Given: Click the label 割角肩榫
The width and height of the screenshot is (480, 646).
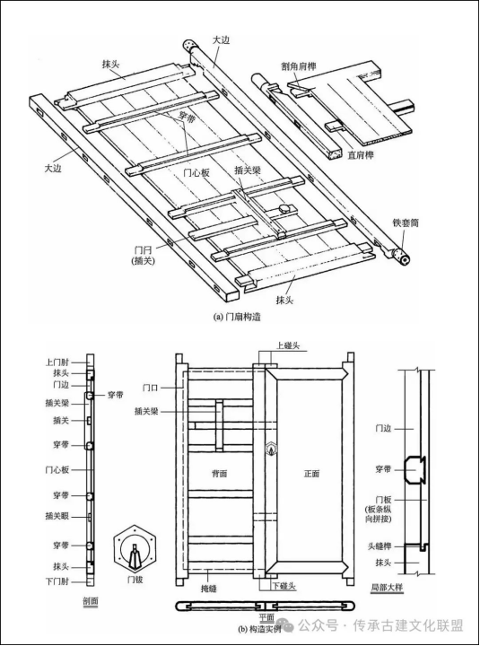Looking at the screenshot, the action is click(299, 66).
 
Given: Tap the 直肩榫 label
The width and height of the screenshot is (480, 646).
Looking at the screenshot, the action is click(361, 155).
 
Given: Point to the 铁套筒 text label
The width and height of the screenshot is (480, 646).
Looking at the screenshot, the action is click(406, 223).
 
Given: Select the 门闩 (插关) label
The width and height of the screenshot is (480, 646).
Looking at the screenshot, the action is click(144, 255).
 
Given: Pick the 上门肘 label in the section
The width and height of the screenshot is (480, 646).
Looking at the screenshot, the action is click(57, 362).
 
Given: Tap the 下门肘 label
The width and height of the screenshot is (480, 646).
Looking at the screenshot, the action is click(57, 581).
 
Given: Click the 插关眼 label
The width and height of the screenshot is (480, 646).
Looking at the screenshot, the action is click(57, 515).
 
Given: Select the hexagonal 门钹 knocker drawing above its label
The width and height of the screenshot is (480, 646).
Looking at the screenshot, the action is click(135, 549).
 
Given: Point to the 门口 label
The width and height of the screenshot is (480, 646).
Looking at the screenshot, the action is click(151, 388).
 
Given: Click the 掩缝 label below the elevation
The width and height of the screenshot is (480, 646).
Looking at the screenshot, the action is click(208, 589).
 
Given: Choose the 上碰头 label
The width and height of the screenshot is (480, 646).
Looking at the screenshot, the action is click(288, 345).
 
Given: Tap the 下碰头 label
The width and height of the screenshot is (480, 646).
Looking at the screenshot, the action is click(284, 586).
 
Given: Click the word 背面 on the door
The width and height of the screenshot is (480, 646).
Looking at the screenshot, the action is click(219, 474).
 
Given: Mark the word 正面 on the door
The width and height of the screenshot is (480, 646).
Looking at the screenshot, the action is click(311, 474).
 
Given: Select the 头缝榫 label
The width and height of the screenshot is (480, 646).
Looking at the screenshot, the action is click(380, 546).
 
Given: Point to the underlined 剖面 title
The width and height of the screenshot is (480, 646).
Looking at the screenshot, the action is click(91, 601).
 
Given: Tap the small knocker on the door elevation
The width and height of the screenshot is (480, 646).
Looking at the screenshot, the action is click(271, 449).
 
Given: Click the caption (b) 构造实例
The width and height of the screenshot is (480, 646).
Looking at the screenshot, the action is click(259, 629).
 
